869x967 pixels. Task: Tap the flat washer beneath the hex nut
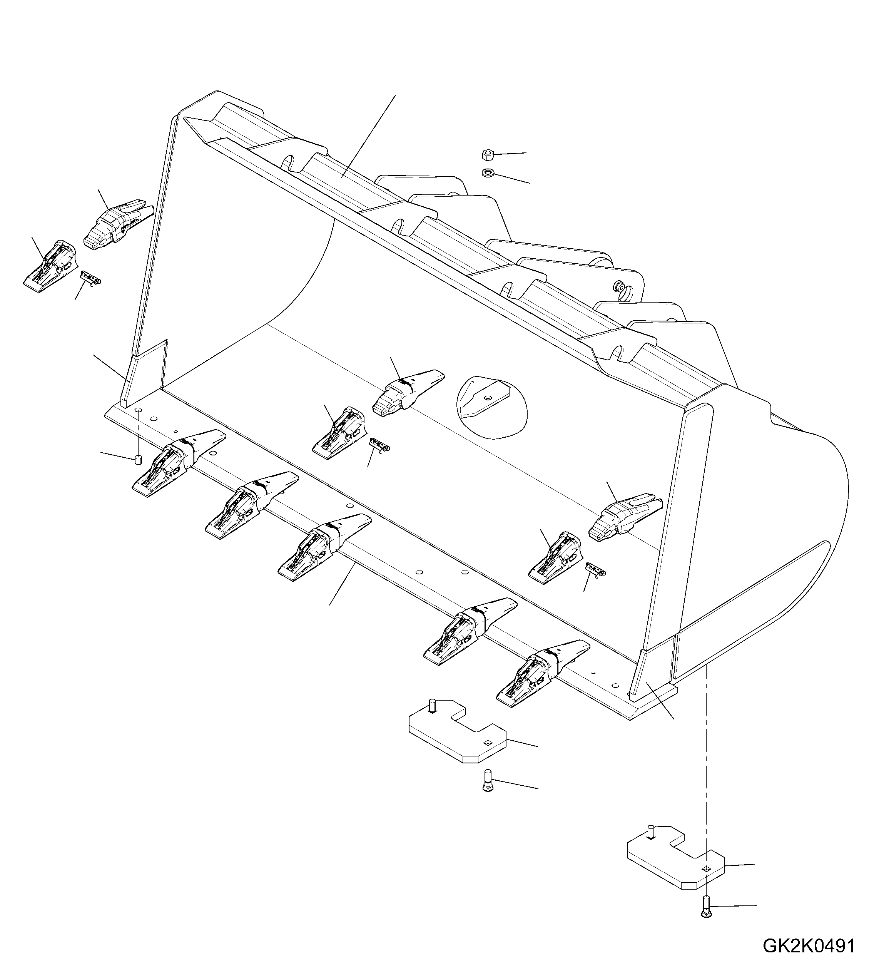point(488,172)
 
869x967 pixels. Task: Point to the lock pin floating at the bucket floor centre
point(381,445)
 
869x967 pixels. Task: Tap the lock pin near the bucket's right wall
point(595,569)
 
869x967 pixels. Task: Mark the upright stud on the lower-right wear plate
point(650,831)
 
